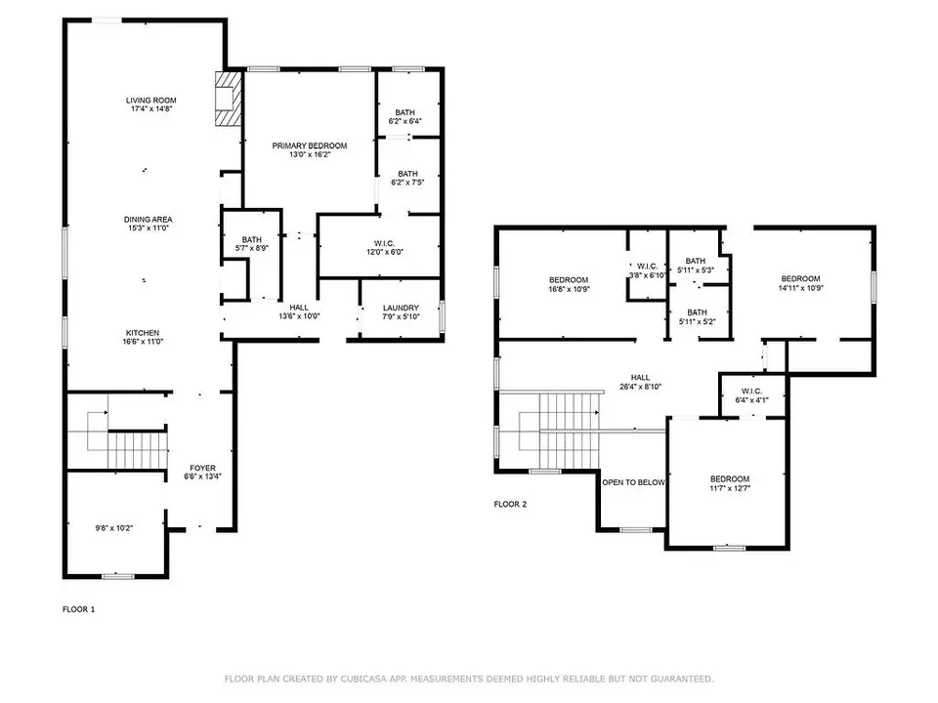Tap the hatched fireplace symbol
coord(227,99)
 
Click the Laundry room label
coord(401,309)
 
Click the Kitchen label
coord(142,333)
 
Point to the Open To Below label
coord(633,482)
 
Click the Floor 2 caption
coord(510,505)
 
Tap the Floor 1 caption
coord(78,608)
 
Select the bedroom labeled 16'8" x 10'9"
coord(568,284)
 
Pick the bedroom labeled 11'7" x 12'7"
coord(729,483)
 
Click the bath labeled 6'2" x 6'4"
coord(406,116)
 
